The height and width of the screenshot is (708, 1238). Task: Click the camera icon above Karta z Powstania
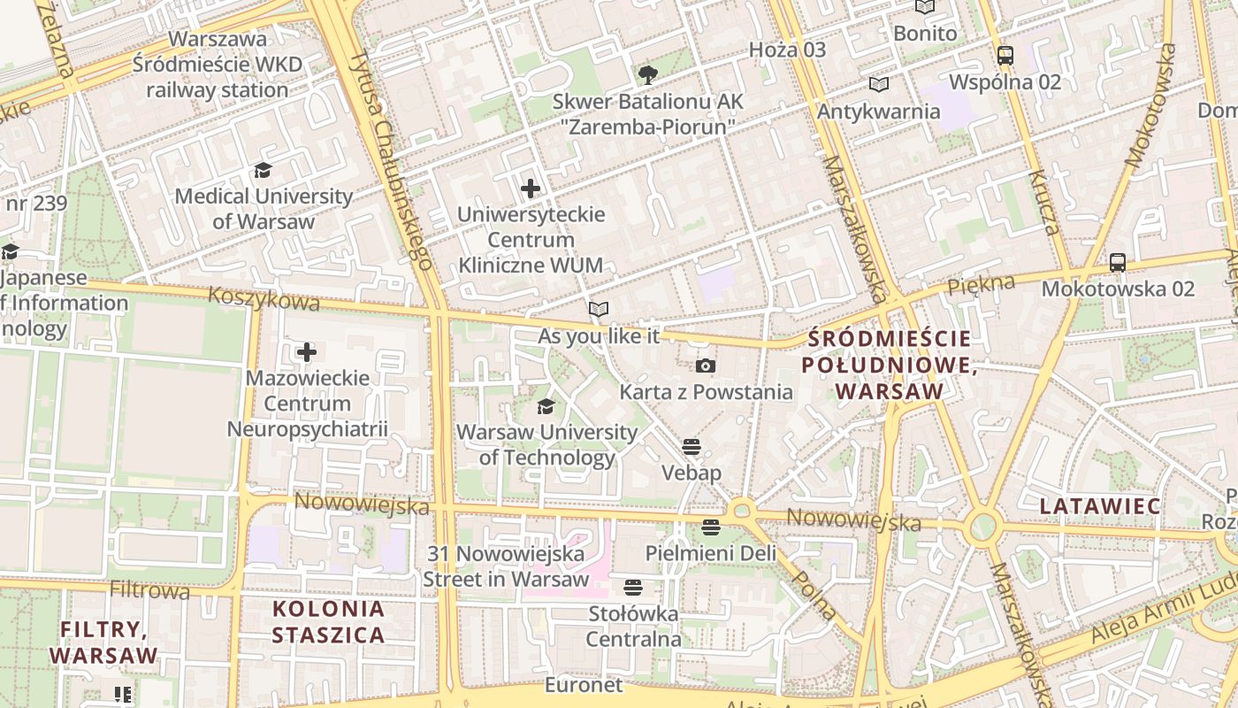pos(705,366)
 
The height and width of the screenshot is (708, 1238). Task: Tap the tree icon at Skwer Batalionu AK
pos(647,74)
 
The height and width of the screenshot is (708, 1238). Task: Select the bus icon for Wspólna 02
pos(1005,56)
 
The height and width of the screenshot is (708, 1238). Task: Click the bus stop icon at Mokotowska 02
pos(1118,263)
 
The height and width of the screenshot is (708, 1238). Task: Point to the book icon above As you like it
pos(599,310)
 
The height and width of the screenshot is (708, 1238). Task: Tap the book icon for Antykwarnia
pos(878,85)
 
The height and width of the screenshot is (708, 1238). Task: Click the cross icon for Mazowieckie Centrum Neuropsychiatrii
pos(307,352)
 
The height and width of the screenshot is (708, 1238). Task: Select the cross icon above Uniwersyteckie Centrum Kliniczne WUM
pos(531,189)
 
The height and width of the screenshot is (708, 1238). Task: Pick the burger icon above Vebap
pos(692,446)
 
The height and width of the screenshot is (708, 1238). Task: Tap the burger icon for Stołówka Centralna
pos(632,587)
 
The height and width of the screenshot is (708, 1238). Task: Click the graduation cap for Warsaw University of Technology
pos(546,406)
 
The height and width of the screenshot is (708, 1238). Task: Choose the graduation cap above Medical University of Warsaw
pos(263,170)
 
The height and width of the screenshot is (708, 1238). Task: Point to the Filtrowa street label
pos(149,589)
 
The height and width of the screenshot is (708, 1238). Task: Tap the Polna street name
pos(814,594)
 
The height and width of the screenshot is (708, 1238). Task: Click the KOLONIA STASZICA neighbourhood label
pos(328,621)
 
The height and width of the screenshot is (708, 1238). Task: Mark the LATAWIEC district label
pos(1100,506)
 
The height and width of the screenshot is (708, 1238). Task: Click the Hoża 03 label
pos(787,50)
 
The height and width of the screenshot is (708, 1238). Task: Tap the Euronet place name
pos(584,685)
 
